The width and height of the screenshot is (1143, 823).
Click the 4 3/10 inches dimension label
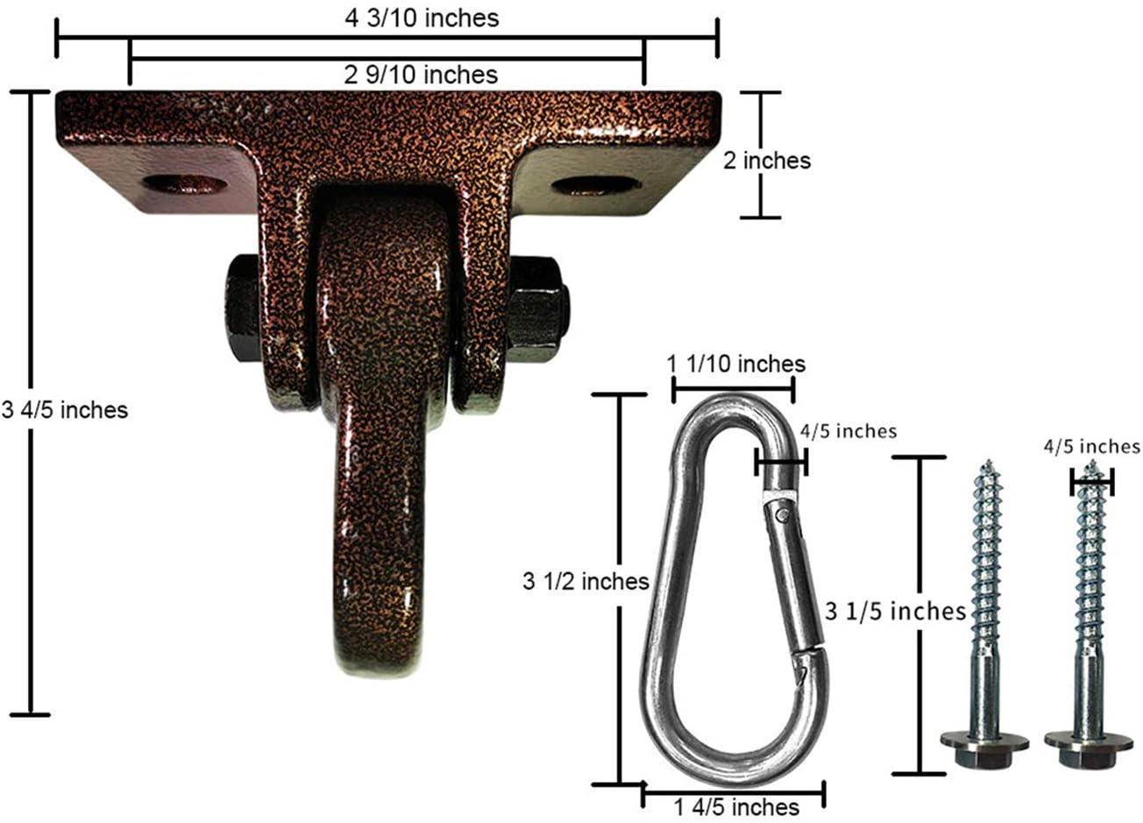tap(422, 18)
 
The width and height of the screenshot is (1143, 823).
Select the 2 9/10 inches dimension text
tap(421, 74)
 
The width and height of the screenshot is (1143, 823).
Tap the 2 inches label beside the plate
tap(766, 160)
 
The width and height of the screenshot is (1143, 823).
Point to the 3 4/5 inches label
tap(65, 409)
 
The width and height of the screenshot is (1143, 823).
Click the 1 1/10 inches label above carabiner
tap(735, 363)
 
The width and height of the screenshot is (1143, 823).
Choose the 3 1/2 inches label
tap(585, 581)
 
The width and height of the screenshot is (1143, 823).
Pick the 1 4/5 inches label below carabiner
tap(736, 806)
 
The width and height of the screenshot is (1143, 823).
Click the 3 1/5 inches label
tap(895, 611)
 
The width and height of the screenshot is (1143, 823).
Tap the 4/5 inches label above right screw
tap(1091, 447)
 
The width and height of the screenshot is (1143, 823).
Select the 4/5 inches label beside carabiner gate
tap(848, 430)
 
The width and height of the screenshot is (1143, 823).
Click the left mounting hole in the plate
tap(184, 184)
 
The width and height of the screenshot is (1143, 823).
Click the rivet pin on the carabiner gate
tap(783, 516)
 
